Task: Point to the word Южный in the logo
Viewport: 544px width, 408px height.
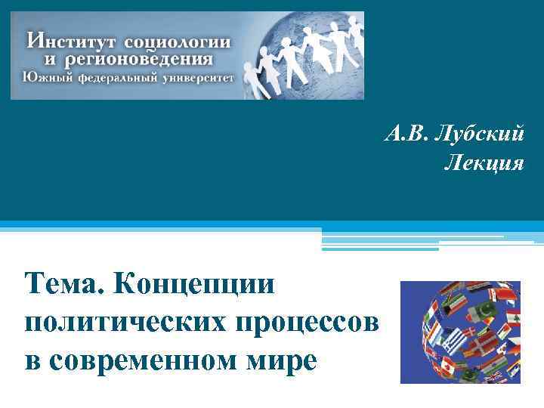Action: (x=45, y=76)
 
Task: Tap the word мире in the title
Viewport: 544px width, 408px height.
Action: (x=274, y=360)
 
